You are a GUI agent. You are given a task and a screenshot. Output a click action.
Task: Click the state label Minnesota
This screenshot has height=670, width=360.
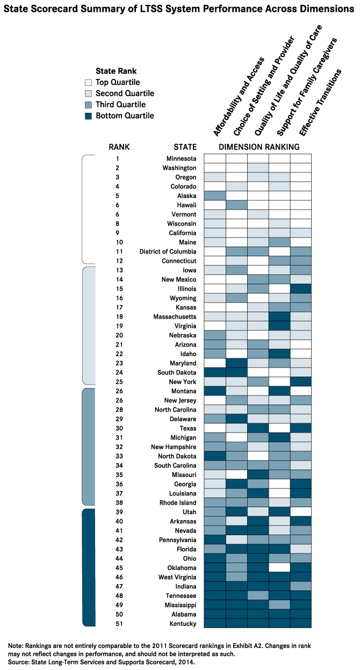coord(181,159)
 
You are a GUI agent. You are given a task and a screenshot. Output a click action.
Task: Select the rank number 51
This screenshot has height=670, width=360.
coord(117,623)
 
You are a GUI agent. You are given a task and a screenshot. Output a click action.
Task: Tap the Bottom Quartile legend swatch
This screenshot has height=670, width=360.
coord(89,116)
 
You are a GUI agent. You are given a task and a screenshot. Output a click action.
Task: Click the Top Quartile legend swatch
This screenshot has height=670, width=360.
coord(89,82)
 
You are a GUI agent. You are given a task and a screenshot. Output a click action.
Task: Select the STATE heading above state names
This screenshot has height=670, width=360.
coord(185,147)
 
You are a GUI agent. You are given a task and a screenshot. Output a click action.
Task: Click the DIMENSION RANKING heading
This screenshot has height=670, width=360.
coord(258,147)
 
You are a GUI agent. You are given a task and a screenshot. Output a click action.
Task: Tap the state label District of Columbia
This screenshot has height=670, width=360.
coord(168,251)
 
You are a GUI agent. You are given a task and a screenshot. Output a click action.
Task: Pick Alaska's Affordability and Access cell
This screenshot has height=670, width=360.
coord(215,196)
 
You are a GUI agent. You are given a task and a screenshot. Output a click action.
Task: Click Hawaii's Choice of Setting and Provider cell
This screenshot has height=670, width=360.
coord(236,205)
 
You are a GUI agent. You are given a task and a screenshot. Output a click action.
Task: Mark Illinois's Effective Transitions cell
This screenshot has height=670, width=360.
coord(301,289)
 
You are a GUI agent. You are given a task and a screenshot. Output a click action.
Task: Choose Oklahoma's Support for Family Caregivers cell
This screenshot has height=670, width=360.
coord(279,567)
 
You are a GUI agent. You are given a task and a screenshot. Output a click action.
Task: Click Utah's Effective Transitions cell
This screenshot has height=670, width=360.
coord(301,511)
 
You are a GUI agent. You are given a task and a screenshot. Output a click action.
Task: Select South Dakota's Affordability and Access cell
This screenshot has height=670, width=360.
coord(215,372)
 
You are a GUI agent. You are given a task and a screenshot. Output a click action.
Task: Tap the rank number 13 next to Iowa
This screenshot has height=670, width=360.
coord(117,270)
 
